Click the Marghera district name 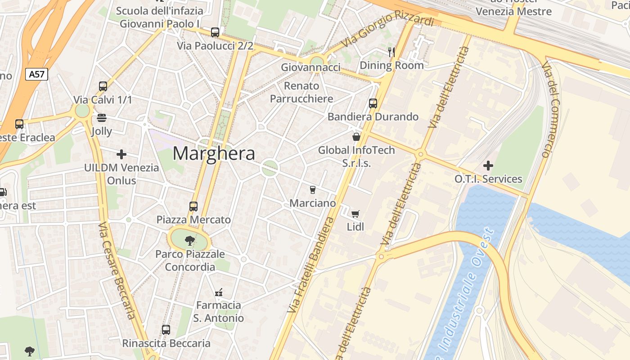click(214, 154)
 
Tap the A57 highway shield click(36, 74)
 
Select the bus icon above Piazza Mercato click(193, 207)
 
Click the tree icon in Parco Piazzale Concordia click(189, 241)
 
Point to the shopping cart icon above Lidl click(355, 214)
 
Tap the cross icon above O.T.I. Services click(488, 166)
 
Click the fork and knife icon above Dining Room click(391, 52)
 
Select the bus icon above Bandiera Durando click(373, 103)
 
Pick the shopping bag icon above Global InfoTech click(356, 137)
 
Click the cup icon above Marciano click(313, 190)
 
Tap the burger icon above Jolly click(102, 118)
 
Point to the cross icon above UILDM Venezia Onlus click(121, 154)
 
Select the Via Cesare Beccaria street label click(117, 270)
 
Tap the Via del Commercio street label click(552, 110)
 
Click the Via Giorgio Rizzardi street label click(388, 30)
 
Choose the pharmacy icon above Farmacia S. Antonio click(219, 292)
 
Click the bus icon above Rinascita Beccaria click(166, 330)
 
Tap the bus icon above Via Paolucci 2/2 click(215, 32)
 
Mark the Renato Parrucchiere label click(301, 92)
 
